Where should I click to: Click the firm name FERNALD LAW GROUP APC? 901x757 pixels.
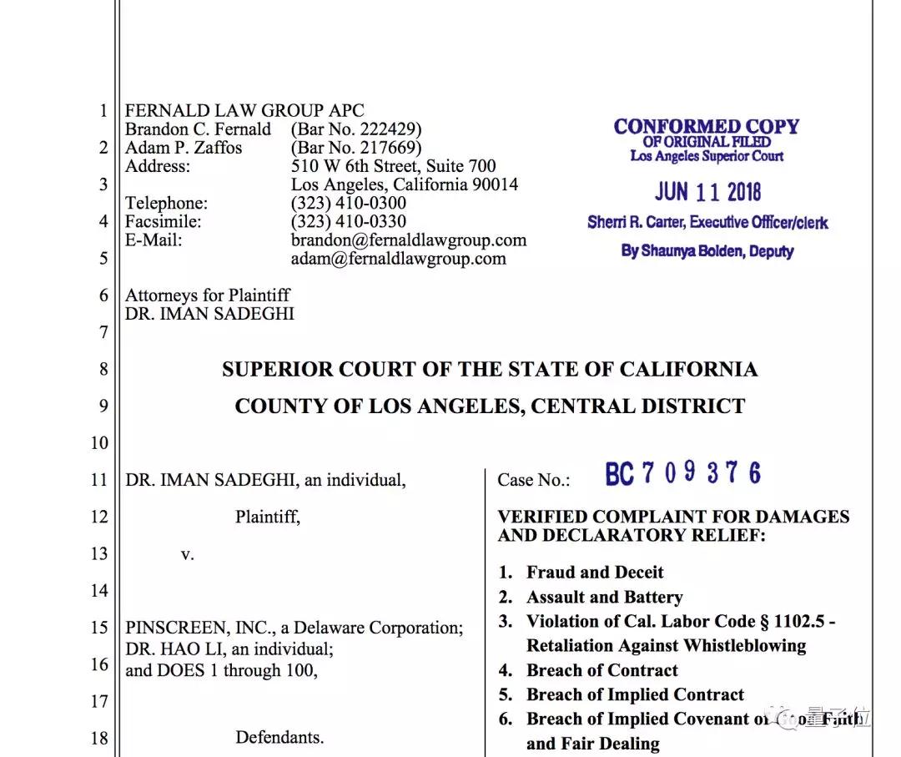pos(244,111)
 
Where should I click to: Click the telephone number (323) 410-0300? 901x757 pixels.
pos(349,203)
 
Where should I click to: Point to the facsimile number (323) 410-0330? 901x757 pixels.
pos(349,221)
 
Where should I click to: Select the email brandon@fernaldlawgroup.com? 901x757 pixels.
pos(409,240)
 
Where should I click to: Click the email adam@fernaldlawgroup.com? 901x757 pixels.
pos(398,259)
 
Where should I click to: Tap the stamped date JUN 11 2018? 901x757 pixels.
pos(707,192)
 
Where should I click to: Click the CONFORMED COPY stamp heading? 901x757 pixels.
pos(707,127)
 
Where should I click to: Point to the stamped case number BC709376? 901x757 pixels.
pos(682,474)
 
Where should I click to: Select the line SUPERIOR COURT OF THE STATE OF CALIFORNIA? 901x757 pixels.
pos(490,370)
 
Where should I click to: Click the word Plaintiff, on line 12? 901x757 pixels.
pos(268,517)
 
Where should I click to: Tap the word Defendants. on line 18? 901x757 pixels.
pos(279,738)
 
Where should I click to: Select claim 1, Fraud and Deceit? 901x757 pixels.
pos(595,573)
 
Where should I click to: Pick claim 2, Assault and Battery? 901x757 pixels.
pos(604,598)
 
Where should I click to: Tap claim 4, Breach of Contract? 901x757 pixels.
pos(602,670)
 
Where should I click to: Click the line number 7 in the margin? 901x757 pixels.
pos(103,332)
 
